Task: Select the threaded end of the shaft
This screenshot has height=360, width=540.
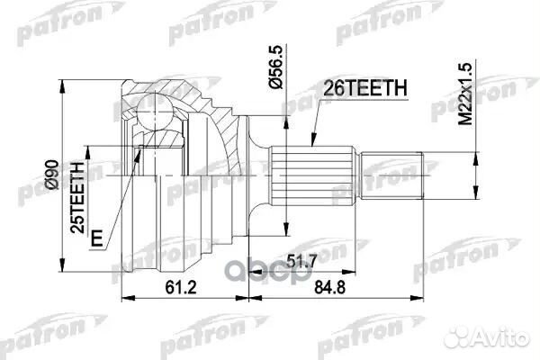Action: tap(392, 175)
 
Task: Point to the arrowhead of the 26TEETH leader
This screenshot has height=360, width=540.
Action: tap(308, 145)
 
